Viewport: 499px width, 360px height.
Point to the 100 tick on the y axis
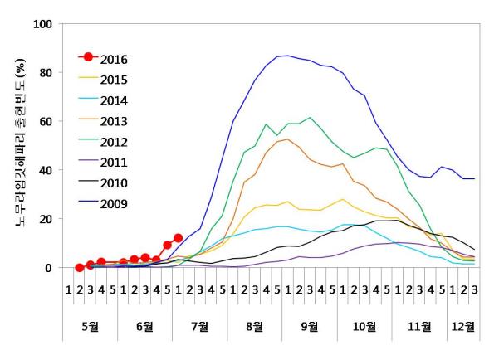point(42,23)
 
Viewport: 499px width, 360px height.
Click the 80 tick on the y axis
point(46,72)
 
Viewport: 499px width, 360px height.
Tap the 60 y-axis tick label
point(46,121)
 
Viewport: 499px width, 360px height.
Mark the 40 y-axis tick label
point(46,170)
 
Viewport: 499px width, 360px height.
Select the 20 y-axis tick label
point(46,219)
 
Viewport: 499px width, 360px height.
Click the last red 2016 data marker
point(178,238)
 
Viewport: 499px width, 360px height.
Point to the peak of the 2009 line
point(287,56)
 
